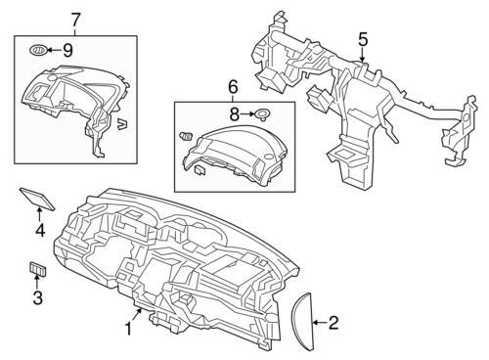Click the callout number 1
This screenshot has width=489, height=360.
pos(128,329)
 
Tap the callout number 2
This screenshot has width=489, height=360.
pos(333,321)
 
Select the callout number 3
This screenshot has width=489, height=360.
pos(37,297)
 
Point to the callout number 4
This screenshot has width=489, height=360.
pos(40,231)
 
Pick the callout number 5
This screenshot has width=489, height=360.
pos(363,40)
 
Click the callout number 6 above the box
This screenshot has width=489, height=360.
pos(233,88)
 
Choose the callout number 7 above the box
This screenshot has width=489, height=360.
pos(76,20)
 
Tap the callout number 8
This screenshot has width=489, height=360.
pos(233,113)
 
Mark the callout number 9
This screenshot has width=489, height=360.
pos(67,49)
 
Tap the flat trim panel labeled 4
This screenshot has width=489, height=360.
pos(37,199)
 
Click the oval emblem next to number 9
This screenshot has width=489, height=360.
pos(39,49)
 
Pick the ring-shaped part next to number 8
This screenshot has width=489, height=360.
pos(264,113)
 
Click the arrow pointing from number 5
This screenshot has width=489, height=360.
pos(363,56)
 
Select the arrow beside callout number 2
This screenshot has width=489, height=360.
pos(316,321)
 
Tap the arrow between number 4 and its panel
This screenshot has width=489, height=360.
pos(40,216)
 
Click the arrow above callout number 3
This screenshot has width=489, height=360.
pos(37,282)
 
